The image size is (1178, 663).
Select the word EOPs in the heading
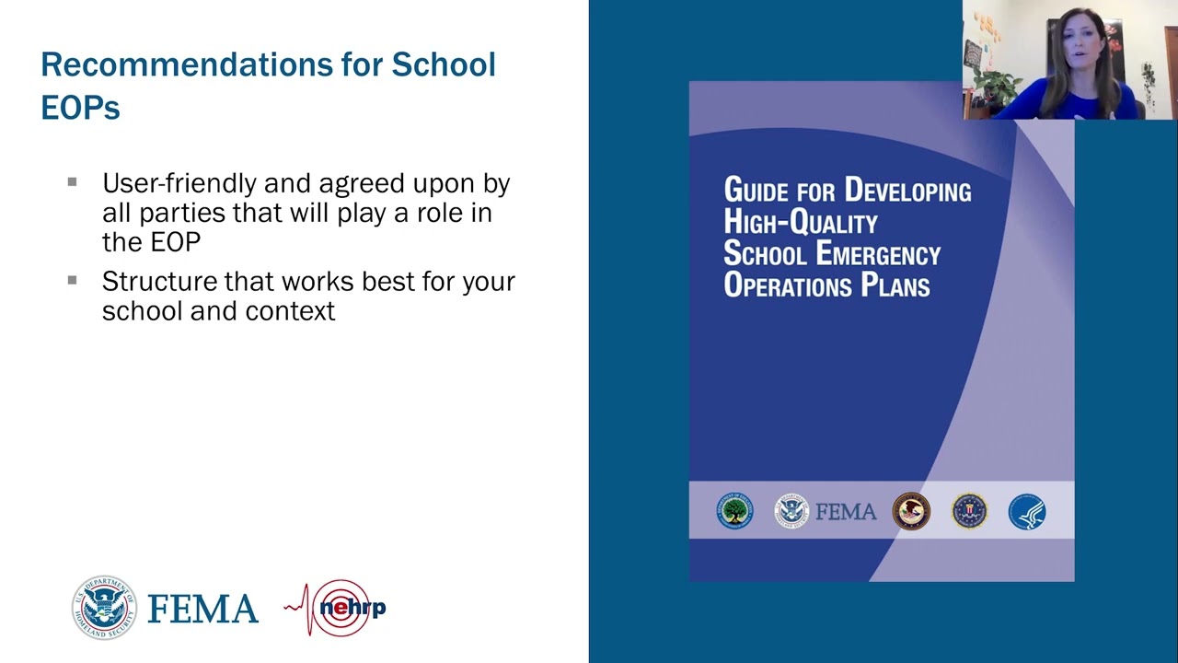(80, 108)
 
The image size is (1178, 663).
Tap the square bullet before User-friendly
(72, 182)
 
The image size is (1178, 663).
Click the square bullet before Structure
(72, 280)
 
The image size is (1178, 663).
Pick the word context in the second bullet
(292, 311)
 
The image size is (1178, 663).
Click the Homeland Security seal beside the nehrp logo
(104, 608)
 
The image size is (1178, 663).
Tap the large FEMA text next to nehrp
(202, 610)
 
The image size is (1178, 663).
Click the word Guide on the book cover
(756, 191)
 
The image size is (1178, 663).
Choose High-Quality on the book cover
(801, 223)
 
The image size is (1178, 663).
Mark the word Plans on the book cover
(895, 285)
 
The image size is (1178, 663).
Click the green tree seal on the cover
(734, 511)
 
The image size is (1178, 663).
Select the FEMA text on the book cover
(846, 512)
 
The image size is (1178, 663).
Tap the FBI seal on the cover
(968, 511)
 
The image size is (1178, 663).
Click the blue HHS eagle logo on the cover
(1026, 511)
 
